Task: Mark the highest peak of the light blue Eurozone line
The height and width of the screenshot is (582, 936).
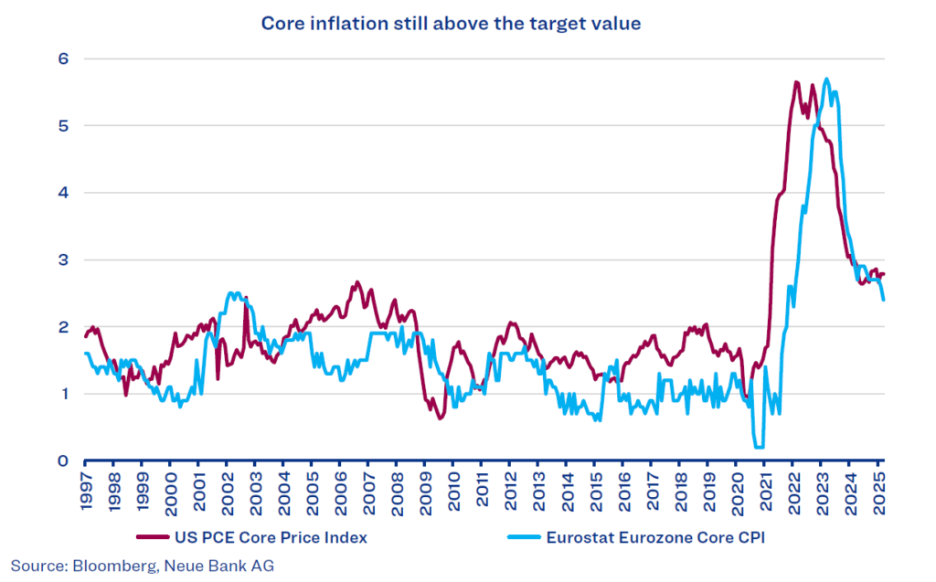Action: (826, 79)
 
